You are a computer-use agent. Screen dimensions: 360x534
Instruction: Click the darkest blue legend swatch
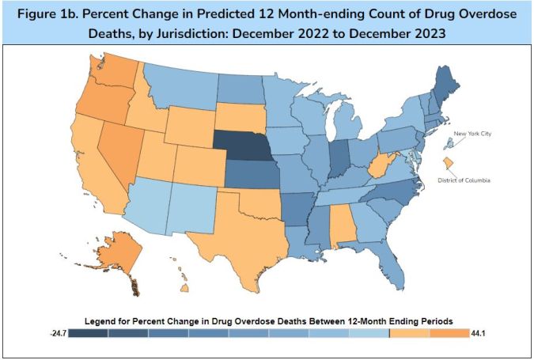pyautogui.click(x=88, y=334)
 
